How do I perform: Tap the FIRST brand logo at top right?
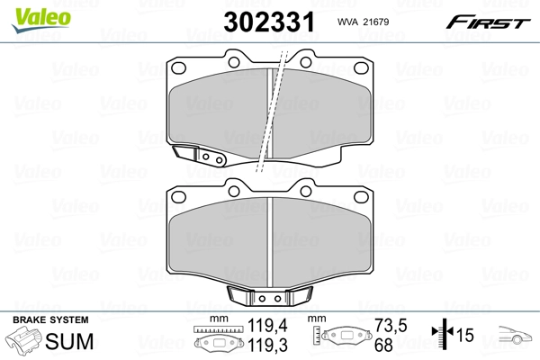coord(489,21)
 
